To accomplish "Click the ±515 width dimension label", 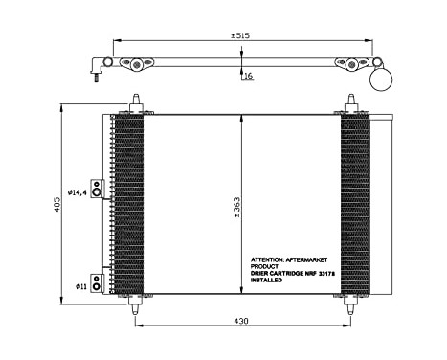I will coord(239,36).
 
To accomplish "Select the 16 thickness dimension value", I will coord(248,75).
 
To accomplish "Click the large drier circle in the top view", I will coord(388,79).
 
